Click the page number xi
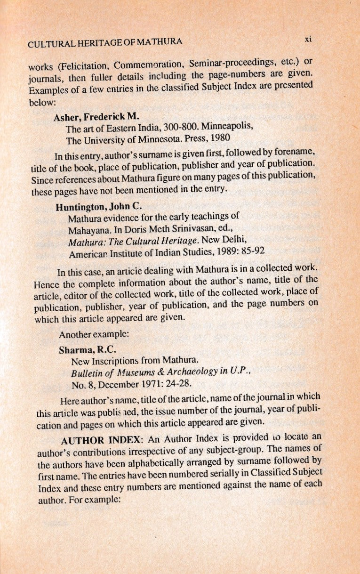308,40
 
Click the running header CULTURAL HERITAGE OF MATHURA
105,44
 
